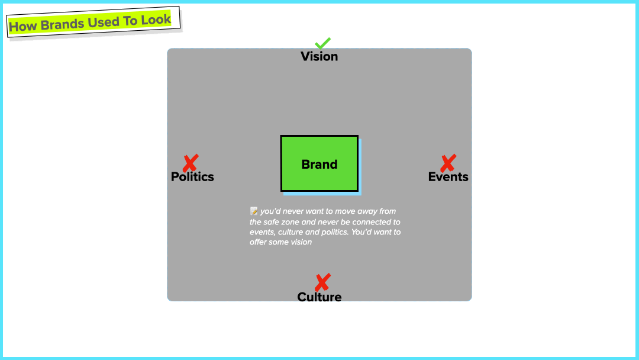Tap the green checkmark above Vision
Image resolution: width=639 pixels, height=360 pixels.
click(322, 44)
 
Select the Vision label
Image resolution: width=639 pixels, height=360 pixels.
click(319, 57)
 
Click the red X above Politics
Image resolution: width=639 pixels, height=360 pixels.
click(190, 163)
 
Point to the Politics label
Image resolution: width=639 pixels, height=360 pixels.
click(192, 177)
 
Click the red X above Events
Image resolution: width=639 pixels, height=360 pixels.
click(448, 163)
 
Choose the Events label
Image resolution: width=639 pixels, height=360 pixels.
click(448, 177)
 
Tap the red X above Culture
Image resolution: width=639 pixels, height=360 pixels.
click(322, 282)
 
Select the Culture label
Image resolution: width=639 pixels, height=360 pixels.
click(319, 297)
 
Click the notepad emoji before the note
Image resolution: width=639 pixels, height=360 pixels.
click(254, 211)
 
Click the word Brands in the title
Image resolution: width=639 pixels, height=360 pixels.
click(63, 25)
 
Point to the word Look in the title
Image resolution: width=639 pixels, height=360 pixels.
click(156, 20)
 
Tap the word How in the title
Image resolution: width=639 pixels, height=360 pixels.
click(22, 27)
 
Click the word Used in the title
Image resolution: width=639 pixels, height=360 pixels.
click(104, 22)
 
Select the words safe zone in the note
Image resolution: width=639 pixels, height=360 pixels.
click(280, 221)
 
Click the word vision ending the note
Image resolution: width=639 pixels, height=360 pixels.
click(300, 242)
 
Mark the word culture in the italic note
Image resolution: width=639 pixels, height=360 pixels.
click(291, 232)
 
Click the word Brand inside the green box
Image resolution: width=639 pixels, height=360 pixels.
click(319, 165)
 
